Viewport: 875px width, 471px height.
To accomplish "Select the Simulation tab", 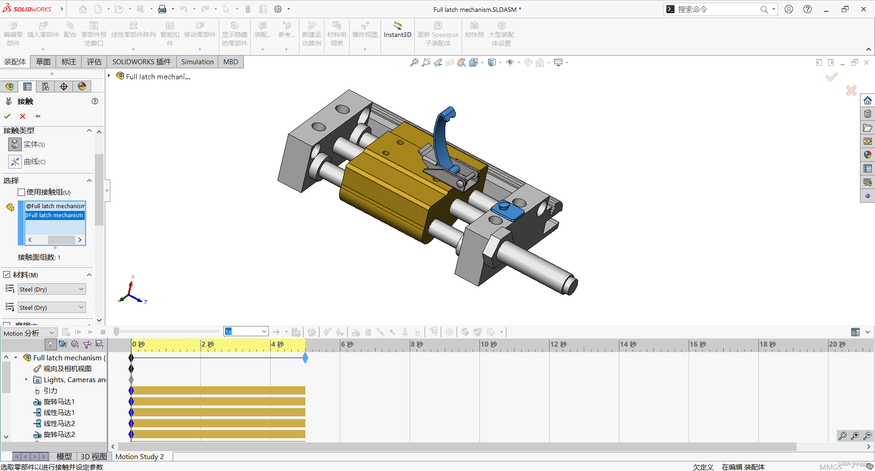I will (x=197, y=62).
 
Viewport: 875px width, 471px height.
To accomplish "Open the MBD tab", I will (x=231, y=62).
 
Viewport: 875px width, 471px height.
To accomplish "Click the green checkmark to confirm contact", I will (x=7, y=116).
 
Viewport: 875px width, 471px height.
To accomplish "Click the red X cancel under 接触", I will (x=22, y=116).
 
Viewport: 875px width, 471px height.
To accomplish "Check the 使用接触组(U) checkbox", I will (x=21, y=192).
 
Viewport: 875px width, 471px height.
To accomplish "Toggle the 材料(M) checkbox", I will (x=7, y=275).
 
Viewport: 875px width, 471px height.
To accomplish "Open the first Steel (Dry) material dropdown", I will (x=51, y=289).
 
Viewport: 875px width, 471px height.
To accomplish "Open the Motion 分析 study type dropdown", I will (x=29, y=333).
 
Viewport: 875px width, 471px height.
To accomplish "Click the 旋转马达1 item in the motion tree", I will (x=59, y=402).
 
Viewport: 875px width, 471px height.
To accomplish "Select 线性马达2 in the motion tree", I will (x=59, y=424).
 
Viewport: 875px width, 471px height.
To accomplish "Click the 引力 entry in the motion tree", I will (x=50, y=391).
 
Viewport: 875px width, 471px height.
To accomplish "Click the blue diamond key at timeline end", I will (x=305, y=358).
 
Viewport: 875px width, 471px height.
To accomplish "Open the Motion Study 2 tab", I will (x=139, y=456).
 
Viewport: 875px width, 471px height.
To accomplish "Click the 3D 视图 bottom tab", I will (x=93, y=456).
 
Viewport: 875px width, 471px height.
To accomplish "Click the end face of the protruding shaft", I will (x=569, y=285).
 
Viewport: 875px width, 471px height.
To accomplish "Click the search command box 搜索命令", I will (x=715, y=9).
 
